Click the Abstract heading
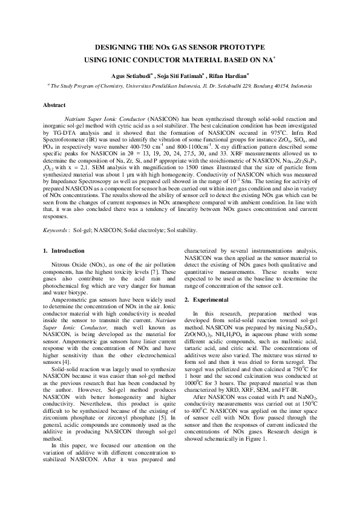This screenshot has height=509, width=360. tap(54, 105)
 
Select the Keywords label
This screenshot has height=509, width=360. tap(56, 230)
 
